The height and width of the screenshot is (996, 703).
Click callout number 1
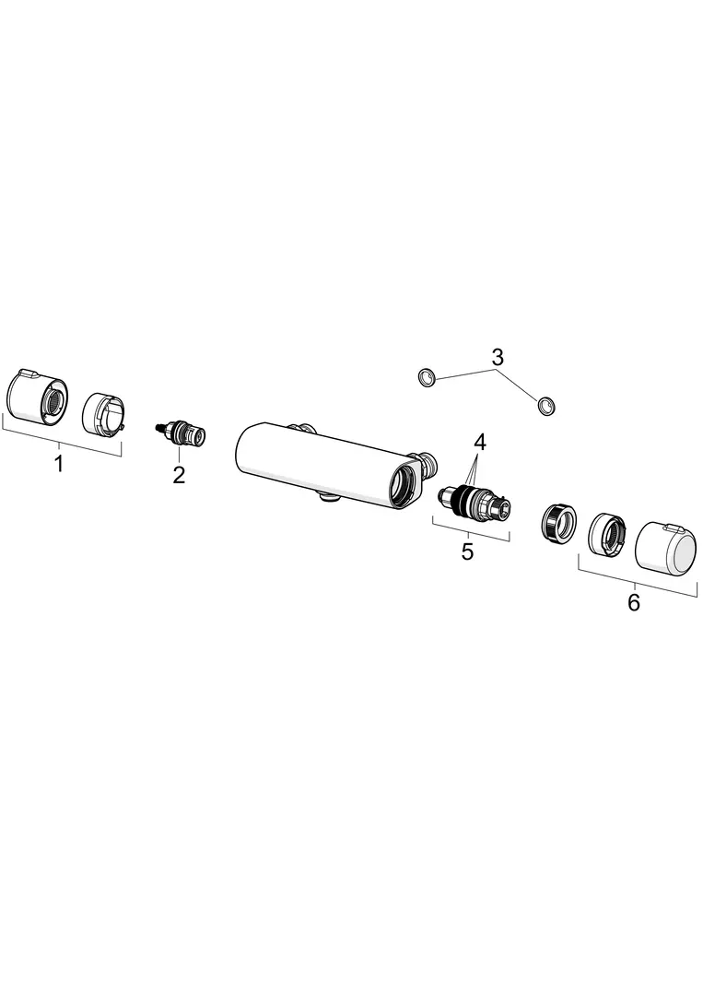coord(59,464)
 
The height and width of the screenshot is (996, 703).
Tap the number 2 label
coord(179,474)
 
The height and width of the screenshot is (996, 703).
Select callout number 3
coord(498,357)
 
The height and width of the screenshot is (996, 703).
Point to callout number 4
coord(480,442)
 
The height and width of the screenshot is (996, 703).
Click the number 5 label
coord(468,551)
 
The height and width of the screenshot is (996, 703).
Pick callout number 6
coord(634,602)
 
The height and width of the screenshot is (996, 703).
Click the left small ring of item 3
coord(427,379)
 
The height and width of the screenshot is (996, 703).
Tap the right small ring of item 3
coord(545,405)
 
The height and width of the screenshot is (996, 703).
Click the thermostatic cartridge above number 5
coord(475,499)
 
